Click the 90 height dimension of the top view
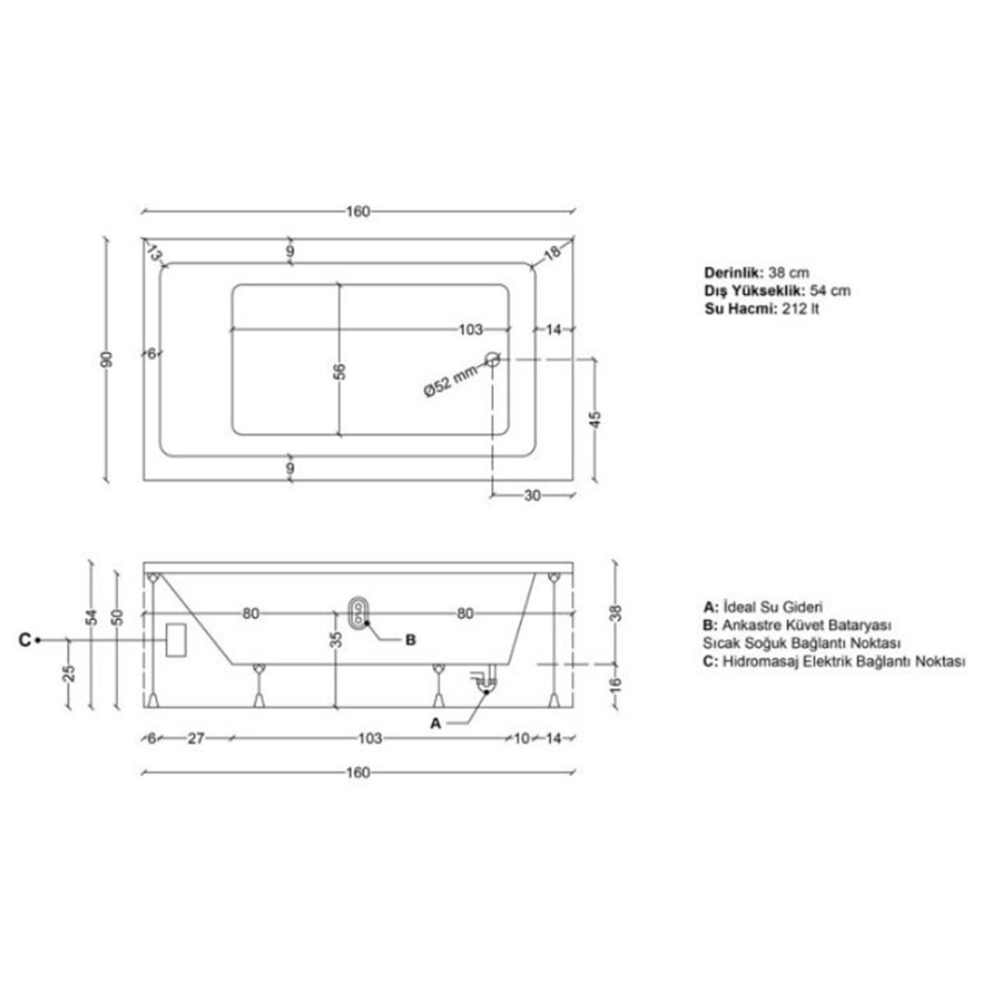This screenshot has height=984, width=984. (x=107, y=359)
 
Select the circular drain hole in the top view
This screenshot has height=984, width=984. (x=493, y=359)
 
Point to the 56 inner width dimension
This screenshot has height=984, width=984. (x=340, y=371)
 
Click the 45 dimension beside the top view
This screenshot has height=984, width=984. (x=596, y=419)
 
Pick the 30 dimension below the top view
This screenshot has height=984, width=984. (x=532, y=495)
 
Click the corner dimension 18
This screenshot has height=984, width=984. (x=552, y=252)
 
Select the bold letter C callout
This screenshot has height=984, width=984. (x=25, y=640)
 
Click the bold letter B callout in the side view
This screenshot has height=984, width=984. (x=410, y=640)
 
